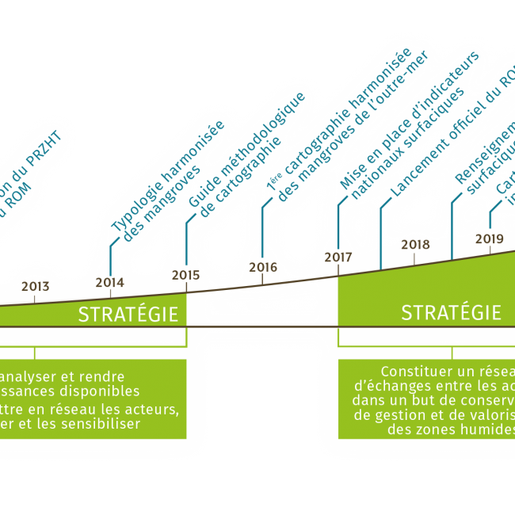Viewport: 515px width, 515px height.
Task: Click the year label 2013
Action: click(35, 286)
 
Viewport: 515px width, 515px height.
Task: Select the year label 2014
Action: click(109, 282)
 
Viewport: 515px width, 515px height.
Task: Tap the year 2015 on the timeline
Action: click(185, 275)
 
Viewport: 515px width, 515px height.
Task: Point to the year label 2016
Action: click(263, 267)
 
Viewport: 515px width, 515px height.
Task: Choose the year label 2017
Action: click(338, 257)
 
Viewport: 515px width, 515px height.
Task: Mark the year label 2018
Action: click(414, 244)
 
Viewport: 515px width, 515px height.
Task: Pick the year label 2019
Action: click(490, 238)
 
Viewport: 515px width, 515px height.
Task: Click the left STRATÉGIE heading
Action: click(128, 315)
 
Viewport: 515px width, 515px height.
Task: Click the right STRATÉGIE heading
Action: click(451, 312)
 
